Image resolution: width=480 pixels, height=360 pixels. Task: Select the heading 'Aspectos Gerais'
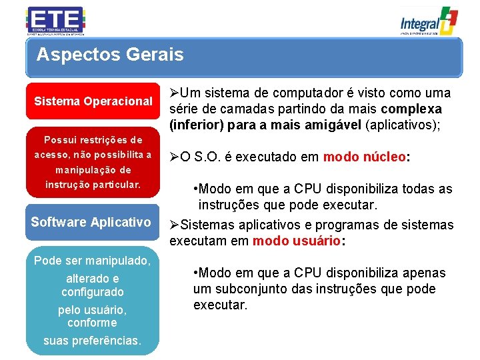[x=110, y=55]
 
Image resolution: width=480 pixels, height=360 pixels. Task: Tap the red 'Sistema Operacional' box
[x=93, y=101]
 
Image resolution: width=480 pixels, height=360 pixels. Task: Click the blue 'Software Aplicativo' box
[x=91, y=222]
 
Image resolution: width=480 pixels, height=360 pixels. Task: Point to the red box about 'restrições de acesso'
[x=93, y=162]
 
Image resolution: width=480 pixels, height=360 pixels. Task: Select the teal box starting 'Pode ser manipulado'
[x=93, y=301]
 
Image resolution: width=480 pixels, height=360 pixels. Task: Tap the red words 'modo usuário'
[x=297, y=241]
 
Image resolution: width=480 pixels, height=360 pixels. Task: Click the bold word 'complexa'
[x=411, y=109]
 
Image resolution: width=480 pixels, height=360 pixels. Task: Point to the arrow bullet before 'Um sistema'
[x=175, y=93]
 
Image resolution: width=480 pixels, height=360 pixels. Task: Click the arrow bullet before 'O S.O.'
[x=175, y=157]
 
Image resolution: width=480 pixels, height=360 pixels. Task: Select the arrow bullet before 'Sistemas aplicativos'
[x=175, y=225]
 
